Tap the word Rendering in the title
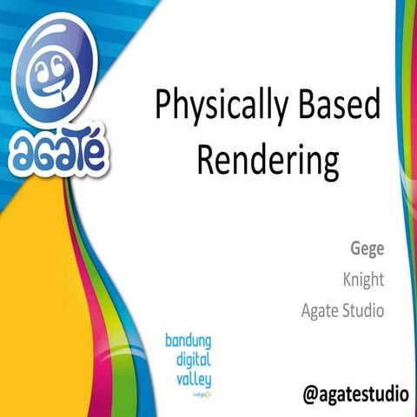tap(266, 162)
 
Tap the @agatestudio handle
tap(354, 393)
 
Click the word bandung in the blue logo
tap(189, 341)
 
